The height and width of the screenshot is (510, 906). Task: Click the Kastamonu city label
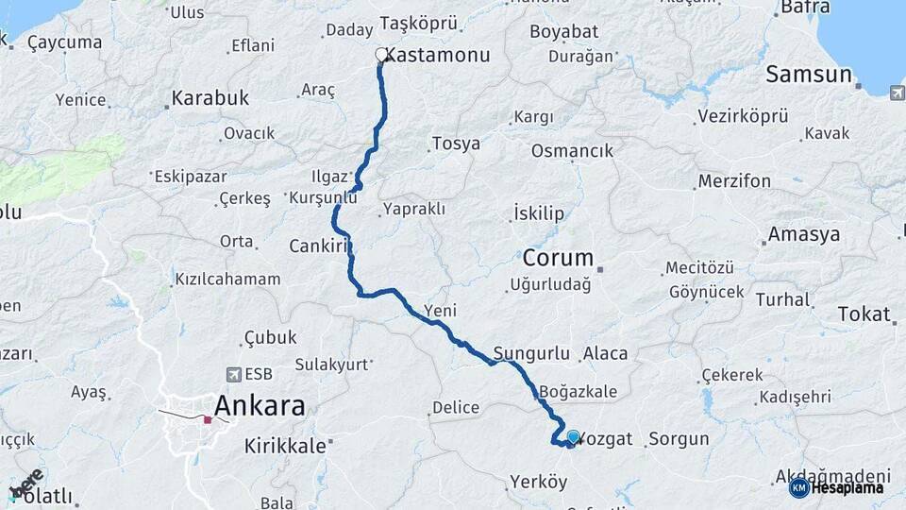pos(438,56)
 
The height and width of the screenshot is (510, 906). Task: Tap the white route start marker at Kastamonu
pos(382,55)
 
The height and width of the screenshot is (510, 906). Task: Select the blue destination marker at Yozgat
pos(573,436)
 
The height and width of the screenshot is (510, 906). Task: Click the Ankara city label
pos(260,406)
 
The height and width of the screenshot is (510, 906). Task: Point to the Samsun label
pos(808,75)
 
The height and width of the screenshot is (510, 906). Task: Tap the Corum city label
pos(558,257)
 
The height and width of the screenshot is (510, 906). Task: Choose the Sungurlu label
pos(531,354)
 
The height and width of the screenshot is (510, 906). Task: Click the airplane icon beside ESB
pos(233,375)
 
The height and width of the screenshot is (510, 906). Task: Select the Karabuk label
pos(210,97)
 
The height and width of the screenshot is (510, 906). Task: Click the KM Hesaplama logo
pos(837,487)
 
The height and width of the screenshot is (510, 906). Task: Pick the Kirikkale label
pos(284,444)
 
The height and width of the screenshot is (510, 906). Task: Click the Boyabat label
pos(564,31)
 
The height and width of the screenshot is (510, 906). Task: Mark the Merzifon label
pos(734,180)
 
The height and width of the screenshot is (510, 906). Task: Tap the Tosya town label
pos(455,144)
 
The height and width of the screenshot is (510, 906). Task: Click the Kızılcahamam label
pos(227,279)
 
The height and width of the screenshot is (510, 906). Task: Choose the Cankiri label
pos(321,246)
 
